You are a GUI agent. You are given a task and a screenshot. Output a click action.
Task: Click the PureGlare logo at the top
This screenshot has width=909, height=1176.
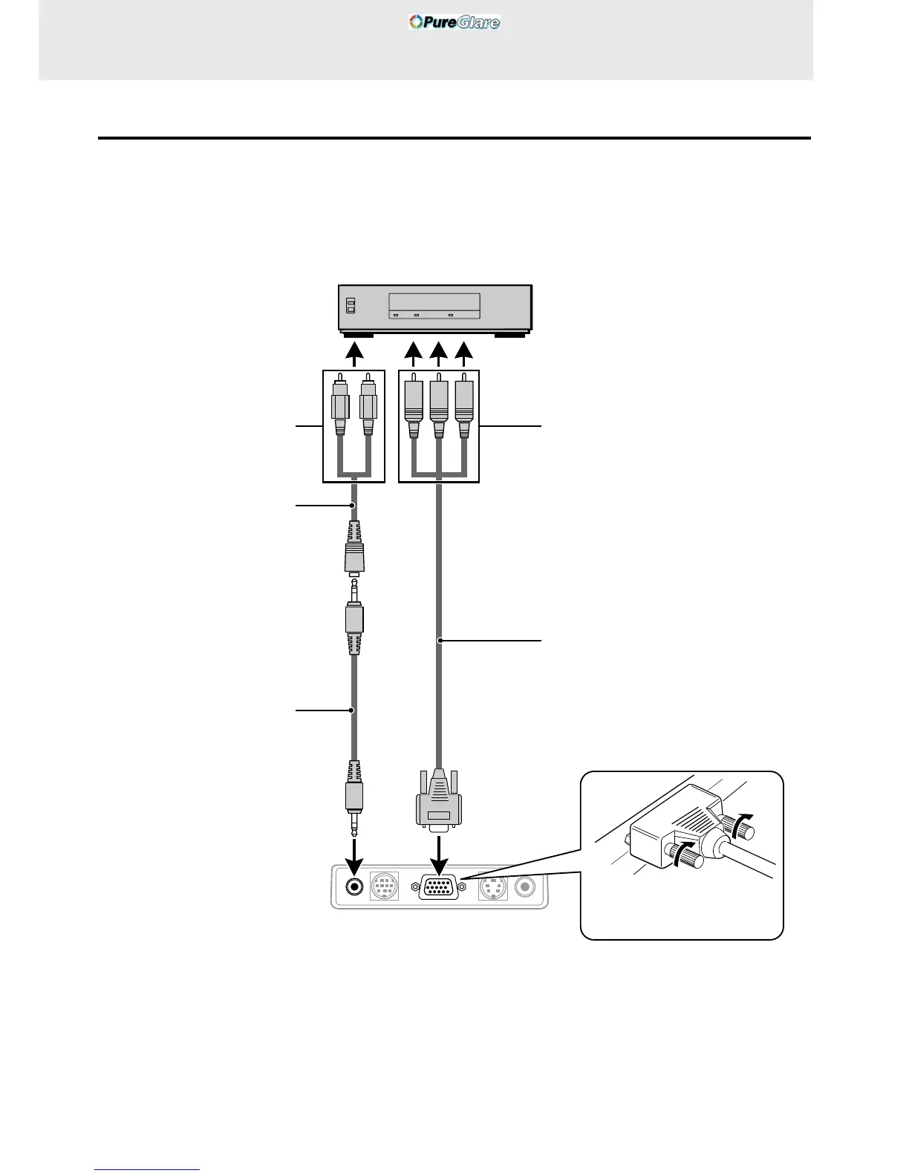[454, 22]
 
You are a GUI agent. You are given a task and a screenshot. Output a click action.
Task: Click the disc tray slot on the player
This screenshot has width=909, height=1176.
[434, 303]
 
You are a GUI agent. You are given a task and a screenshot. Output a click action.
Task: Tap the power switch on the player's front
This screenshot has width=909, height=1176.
[351, 306]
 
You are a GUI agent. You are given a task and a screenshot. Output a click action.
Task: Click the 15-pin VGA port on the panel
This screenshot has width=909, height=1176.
[439, 887]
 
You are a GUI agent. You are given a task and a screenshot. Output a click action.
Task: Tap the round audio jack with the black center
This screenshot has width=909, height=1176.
[355, 886]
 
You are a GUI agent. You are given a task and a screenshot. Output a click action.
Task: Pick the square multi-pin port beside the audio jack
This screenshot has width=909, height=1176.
[384, 886]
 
